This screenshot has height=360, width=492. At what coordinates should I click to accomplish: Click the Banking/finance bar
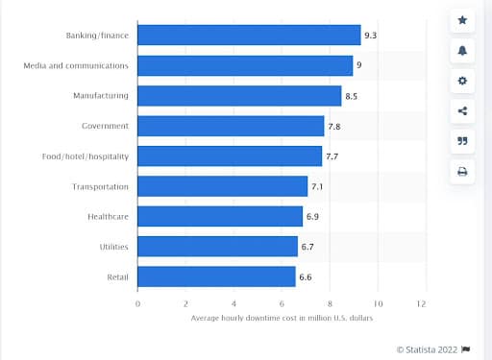[249, 36]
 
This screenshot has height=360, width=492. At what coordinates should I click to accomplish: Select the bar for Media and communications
[245, 65]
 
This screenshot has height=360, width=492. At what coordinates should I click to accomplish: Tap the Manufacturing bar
[239, 96]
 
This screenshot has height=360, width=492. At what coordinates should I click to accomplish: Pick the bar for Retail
[216, 276]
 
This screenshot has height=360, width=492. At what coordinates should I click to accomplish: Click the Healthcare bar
[220, 216]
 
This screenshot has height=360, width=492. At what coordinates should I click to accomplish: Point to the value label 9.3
[370, 36]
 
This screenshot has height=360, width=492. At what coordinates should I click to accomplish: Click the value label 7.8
[334, 126]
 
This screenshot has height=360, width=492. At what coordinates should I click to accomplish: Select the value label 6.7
[308, 247]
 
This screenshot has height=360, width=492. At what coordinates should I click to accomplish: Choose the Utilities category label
[113, 247]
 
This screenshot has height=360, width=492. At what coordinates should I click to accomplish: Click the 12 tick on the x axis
[421, 302]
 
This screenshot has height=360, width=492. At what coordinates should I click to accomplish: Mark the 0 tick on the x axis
[137, 302]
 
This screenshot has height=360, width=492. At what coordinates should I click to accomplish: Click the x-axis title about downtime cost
[280, 318]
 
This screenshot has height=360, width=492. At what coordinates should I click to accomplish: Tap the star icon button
[462, 20]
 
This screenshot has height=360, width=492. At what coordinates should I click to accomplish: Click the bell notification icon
[462, 50]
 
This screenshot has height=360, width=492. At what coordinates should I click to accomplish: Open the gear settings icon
[462, 81]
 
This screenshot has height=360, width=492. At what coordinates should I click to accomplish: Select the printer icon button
[462, 172]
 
